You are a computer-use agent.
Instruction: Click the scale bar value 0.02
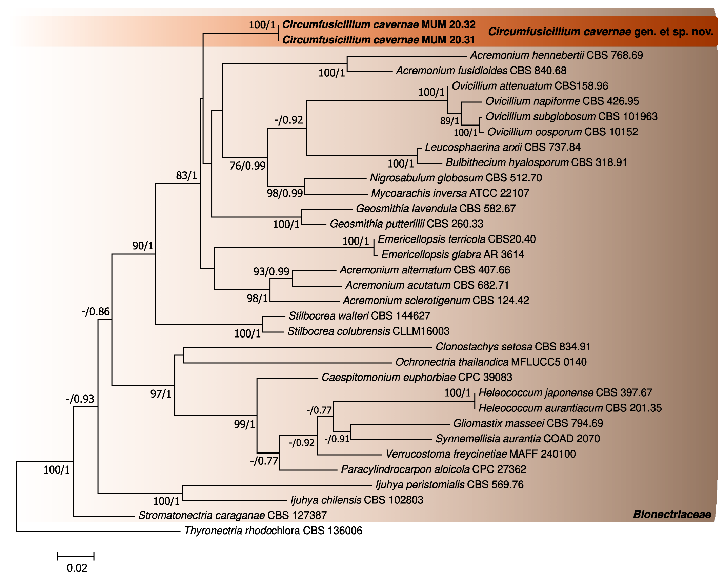[x=77, y=568]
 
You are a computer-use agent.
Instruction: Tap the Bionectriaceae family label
[x=672, y=514]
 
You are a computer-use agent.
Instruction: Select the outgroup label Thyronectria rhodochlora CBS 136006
[x=273, y=531]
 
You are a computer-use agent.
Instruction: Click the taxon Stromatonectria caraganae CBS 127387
[x=232, y=515]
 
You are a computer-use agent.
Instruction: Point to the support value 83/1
[x=186, y=175]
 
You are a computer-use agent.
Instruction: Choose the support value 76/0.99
[x=247, y=166]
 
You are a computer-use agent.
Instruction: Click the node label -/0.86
[x=96, y=311]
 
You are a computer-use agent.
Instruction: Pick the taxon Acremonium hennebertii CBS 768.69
[x=556, y=55]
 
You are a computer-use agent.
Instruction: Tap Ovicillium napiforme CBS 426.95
[x=562, y=101]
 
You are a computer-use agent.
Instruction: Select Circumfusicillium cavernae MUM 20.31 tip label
[x=379, y=40]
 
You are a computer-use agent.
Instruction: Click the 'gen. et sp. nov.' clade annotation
[x=601, y=32]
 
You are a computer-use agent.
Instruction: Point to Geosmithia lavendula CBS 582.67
[x=436, y=208]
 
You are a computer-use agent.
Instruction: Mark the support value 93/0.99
[x=271, y=271]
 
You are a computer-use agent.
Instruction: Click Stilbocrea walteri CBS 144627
[x=359, y=316]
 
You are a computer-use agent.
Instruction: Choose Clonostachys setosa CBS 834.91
[x=513, y=347]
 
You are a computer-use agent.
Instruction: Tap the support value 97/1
[x=161, y=394]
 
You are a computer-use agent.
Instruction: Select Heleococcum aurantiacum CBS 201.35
[x=570, y=408]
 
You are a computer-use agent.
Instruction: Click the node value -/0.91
[x=337, y=439]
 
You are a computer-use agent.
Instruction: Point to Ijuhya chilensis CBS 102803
[x=357, y=500]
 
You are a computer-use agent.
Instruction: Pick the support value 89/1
[x=449, y=121]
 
